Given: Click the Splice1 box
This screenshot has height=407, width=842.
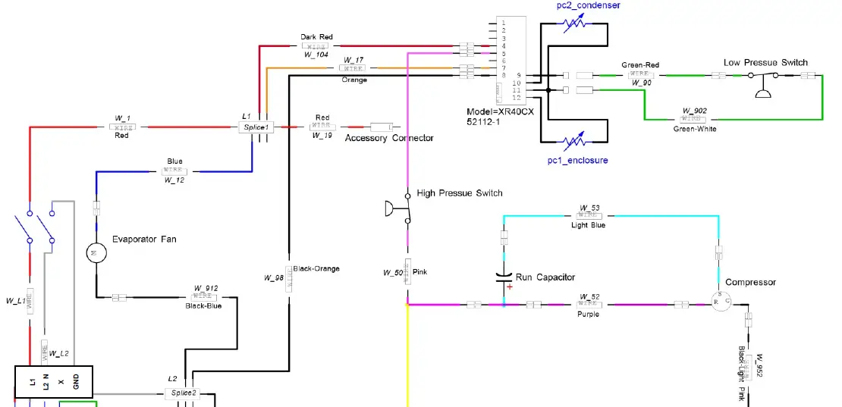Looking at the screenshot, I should coord(256,127).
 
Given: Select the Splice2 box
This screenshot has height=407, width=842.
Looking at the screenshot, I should coord(182,393).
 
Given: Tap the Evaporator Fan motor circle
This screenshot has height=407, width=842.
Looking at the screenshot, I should coord(96,252).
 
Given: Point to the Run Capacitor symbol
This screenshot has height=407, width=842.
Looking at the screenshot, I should coord(504,277).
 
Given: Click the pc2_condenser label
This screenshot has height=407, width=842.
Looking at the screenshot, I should coord(588,5).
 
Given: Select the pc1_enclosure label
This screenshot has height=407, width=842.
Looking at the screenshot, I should coord(577,161).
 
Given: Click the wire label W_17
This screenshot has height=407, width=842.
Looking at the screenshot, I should coord(353,60).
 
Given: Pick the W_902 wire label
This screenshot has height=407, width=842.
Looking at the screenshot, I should coord(694,111).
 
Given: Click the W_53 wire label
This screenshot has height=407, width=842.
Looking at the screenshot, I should coord(589,207).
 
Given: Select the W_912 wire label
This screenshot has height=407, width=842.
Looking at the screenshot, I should coord(206,288).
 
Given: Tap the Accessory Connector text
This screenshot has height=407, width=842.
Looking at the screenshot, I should coord(389,138).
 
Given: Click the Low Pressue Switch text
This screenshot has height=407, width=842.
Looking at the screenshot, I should coord(765,63).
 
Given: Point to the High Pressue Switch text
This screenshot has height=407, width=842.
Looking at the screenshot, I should coord(460,193).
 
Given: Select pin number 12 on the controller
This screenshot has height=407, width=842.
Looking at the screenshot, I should coord(517,98).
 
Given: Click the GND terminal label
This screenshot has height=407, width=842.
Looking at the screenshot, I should coord(76,382).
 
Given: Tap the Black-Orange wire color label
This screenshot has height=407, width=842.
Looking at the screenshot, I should coord(316,268).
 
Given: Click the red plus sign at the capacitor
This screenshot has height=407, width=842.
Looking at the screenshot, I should coord(510,287).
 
